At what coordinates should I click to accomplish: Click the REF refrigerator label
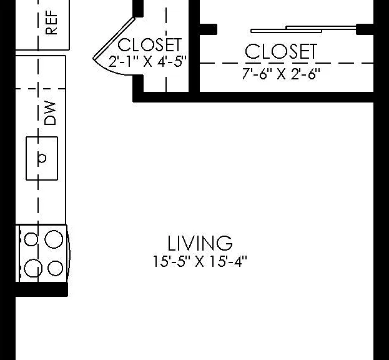click(51, 22)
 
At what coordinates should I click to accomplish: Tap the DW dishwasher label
click(50, 112)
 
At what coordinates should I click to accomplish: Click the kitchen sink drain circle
click(42, 158)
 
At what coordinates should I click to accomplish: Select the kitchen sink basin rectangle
click(42, 158)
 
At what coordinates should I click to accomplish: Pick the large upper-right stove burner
click(54, 239)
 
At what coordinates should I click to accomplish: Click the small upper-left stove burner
click(31, 239)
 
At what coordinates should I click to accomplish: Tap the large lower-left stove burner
click(33, 268)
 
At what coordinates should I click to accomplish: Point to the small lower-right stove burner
click(55, 268)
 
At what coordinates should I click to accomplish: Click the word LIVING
click(200, 243)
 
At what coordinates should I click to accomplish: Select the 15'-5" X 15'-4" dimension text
click(200, 261)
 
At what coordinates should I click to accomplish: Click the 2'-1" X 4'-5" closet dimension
click(147, 61)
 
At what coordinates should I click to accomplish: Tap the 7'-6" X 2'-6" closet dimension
click(281, 74)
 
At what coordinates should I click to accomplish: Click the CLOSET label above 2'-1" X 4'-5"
click(150, 45)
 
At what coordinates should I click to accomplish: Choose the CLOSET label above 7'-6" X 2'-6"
click(281, 51)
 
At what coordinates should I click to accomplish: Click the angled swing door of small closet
click(114, 38)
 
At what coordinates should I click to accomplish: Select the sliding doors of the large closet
click(303, 29)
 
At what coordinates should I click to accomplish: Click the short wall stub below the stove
click(42, 289)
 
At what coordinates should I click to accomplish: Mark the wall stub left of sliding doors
click(209, 29)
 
